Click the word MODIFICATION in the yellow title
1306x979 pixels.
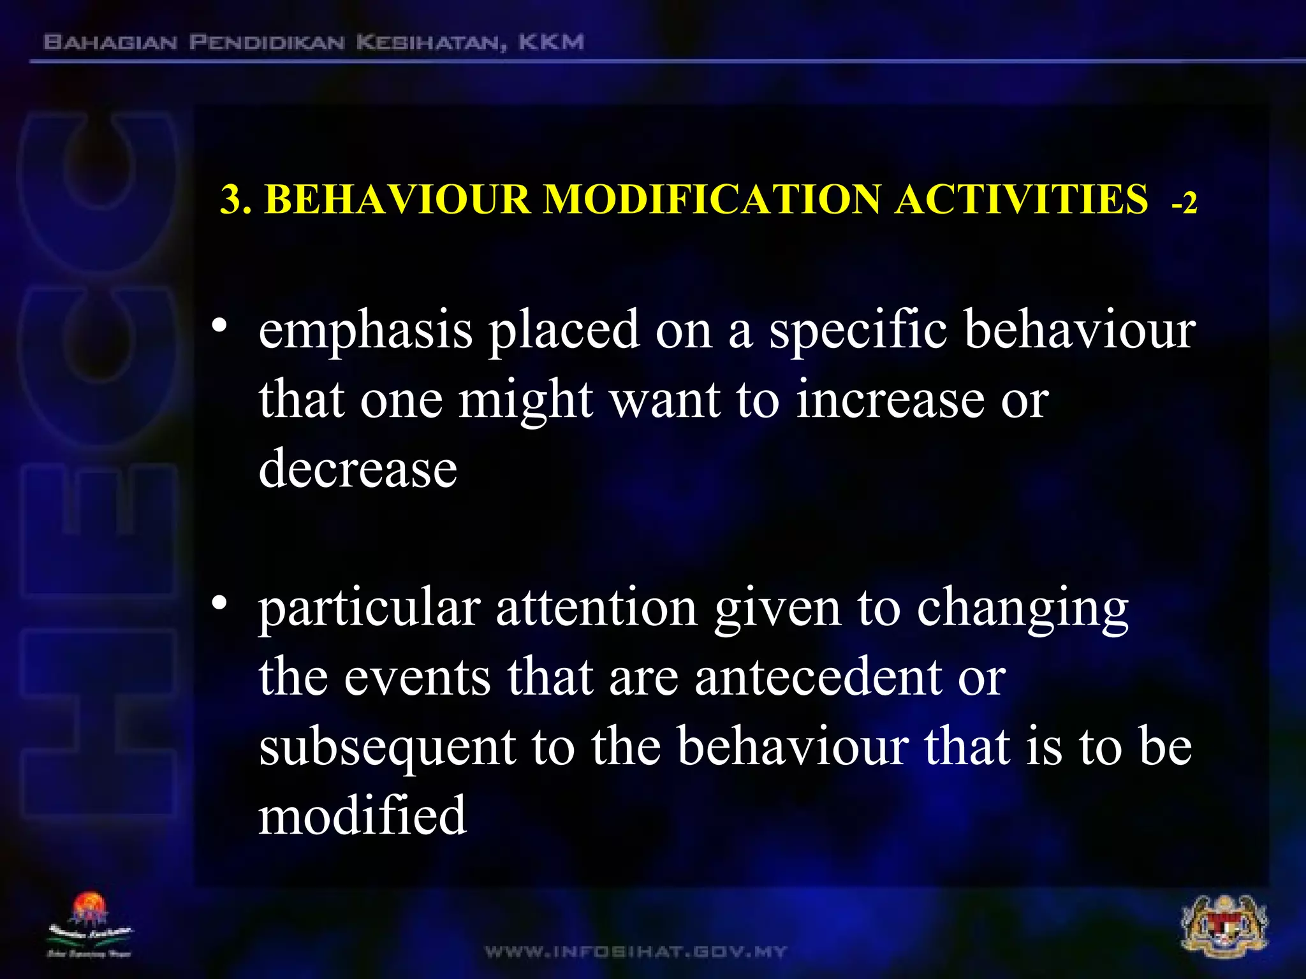[712, 199]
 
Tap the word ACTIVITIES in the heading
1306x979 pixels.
[1021, 199]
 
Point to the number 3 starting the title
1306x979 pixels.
[231, 200]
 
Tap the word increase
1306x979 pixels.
[890, 400]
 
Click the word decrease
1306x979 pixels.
[358, 468]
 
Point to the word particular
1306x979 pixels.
[369, 609]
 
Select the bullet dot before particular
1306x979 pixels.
[220, 603]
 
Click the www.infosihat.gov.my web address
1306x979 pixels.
[636, 952]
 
